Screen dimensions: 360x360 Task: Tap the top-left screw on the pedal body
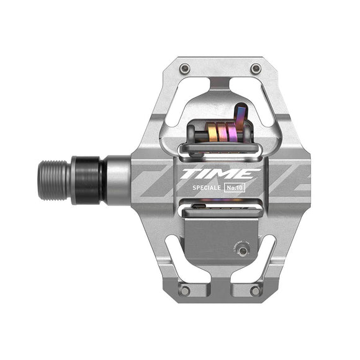(184, 68)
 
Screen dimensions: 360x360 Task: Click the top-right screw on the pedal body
(255, 68)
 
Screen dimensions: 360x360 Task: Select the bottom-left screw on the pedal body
(184, 290)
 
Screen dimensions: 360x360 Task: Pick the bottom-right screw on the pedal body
(255, 290)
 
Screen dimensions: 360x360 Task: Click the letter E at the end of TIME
(246, 174)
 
